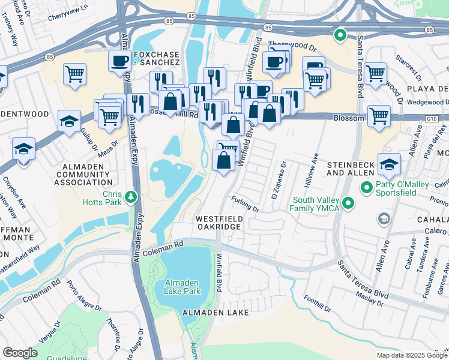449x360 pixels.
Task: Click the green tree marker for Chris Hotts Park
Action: (x=130, y=197)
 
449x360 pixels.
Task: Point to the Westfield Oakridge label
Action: (x=218, y=223)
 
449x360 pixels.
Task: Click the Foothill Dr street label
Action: (x=318, y=305)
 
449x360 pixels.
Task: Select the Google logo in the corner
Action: (x=20, y=353)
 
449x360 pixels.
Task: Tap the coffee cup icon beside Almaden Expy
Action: (x=119, y=60)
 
